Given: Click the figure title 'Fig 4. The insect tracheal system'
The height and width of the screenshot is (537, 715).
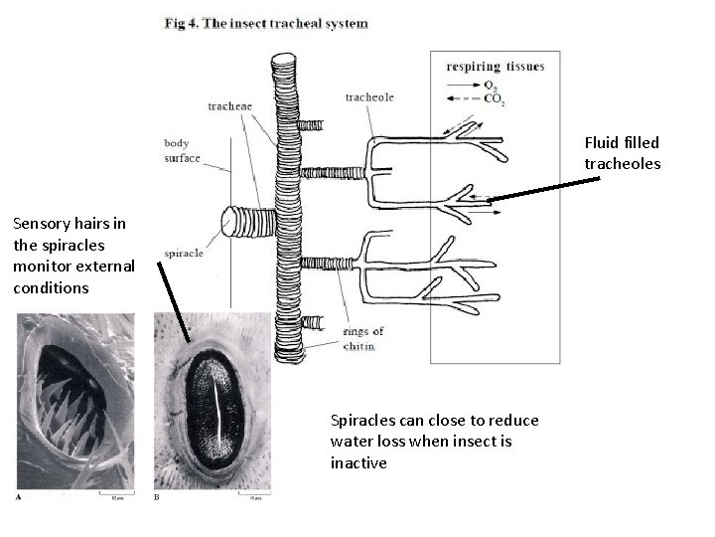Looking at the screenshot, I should pos(265,24).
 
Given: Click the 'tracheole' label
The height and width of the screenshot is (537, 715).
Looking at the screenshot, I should pos(368,97).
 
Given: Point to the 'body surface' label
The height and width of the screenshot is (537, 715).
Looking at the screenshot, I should pos(182,150).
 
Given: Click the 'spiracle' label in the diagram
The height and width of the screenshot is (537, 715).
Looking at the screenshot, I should pos(186,254).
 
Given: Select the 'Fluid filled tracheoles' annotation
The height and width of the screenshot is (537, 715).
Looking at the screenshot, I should pos(621,152).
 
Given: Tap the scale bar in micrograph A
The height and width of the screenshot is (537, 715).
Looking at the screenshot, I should pos(116,493).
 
